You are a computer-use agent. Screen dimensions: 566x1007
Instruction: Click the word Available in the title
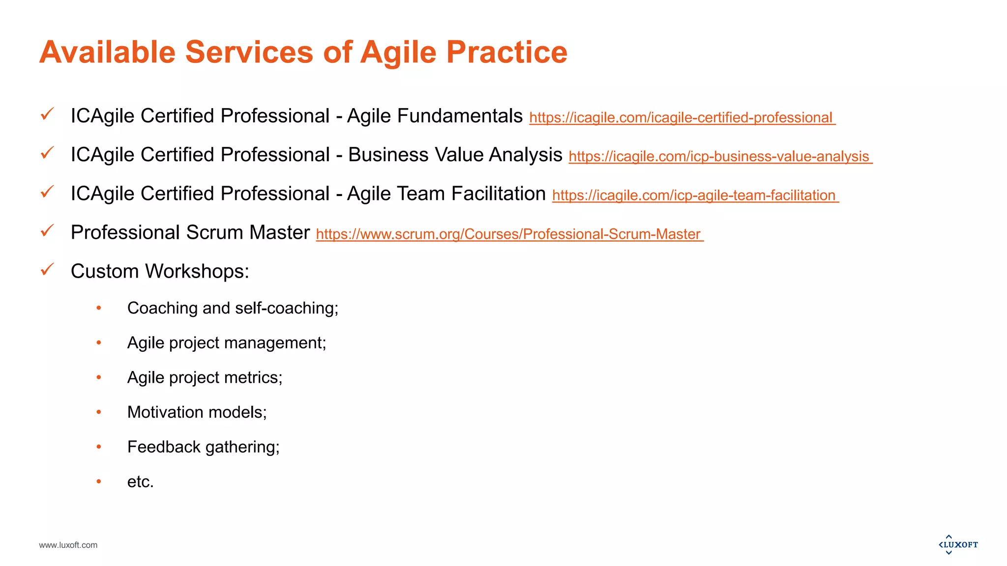tap(107, 52)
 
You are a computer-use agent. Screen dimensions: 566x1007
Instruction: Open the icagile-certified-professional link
tap(681, 118)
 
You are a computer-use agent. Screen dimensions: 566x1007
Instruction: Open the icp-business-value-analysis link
tap(720, 157)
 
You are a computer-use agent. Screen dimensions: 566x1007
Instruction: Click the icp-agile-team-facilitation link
tap(695, 196)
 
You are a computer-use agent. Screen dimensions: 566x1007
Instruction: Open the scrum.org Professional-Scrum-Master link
tap(509, 234)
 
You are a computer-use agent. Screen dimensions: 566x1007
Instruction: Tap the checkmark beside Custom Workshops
tap(47, 269)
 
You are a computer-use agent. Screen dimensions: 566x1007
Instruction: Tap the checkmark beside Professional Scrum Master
tap(47, 230)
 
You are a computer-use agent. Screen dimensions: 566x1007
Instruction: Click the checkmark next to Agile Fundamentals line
tap(47, 114)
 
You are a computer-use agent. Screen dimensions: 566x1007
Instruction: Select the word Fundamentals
tap(459, 116)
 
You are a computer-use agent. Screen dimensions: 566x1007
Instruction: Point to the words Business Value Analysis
tap(455, 155)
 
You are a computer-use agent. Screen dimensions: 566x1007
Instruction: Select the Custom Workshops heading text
tap(160, 271)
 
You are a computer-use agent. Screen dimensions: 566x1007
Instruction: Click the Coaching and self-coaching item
tap(233, 308)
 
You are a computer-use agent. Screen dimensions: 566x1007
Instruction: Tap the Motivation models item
tap(197, 412)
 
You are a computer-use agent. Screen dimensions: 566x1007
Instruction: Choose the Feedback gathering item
tap(203, 447)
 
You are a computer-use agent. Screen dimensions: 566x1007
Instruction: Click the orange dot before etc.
tap(99, 481)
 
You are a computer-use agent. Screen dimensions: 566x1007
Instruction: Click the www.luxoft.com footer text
tap(68, 545)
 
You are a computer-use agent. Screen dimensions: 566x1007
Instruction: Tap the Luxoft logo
tap(958, 545)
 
